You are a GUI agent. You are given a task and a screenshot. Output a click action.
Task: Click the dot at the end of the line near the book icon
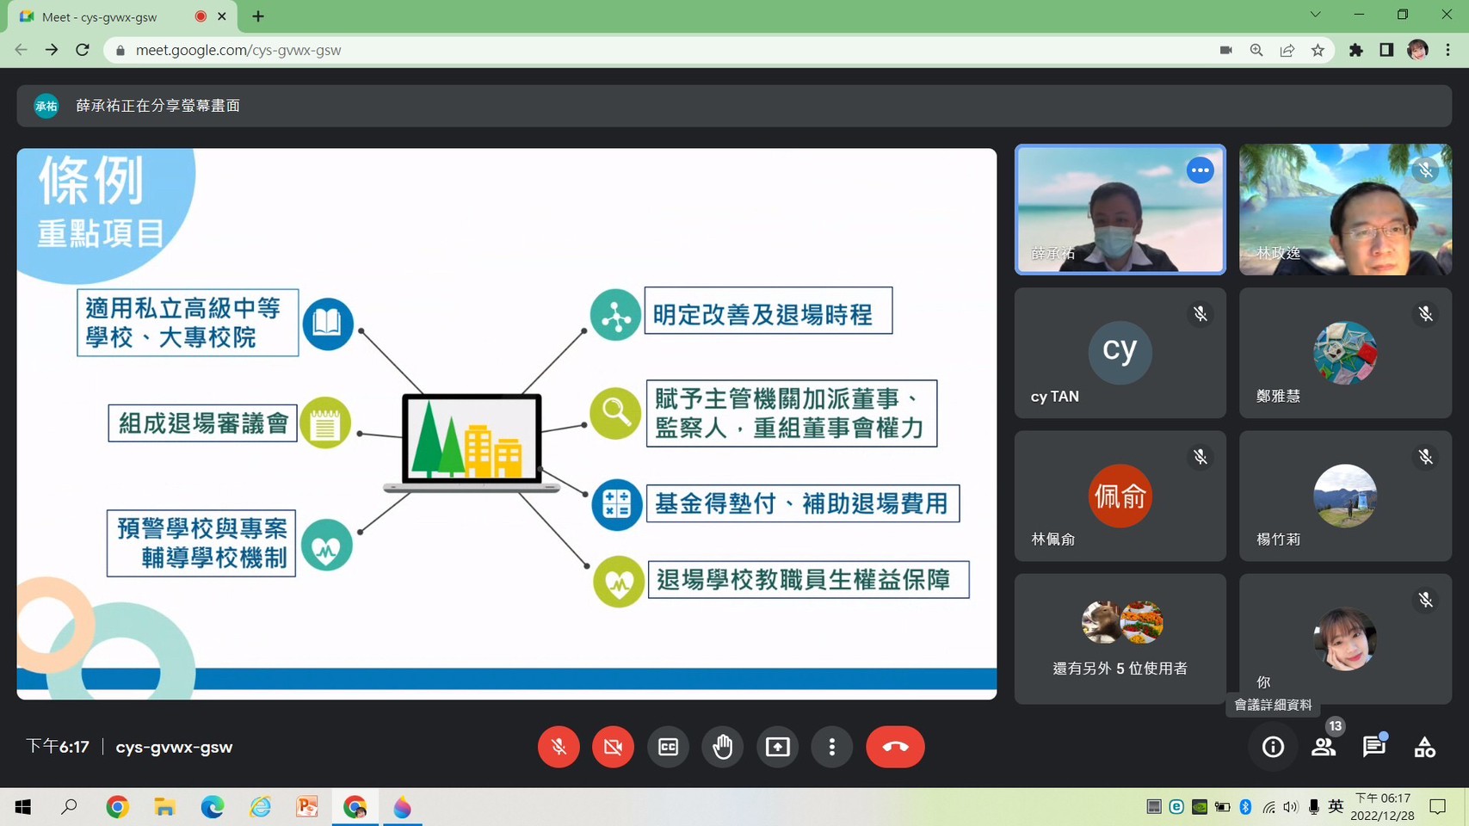tap(361, 331)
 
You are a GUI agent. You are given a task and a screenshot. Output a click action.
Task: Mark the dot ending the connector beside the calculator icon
tap(586, 494)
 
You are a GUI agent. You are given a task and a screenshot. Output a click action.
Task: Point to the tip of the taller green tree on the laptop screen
tap(429, 401)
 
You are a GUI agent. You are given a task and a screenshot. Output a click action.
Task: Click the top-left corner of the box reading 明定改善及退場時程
tap(645, 287)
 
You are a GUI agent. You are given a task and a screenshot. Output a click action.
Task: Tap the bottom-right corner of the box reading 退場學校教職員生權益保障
tap(969, 598)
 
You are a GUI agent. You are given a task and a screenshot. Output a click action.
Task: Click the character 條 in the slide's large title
tap(63, 181)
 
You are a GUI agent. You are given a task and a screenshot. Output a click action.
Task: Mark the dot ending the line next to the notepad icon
tap(360, 434)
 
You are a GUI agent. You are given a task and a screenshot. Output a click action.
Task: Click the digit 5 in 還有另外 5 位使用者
tap(1120, 669)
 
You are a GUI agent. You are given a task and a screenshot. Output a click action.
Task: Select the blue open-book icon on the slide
tap(328, 324)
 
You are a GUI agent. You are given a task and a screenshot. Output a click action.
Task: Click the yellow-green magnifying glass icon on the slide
tap(615, 413)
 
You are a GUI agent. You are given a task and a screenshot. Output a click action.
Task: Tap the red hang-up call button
tap(895, 747)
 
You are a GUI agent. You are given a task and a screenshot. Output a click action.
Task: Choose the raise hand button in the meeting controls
tap(723, 747)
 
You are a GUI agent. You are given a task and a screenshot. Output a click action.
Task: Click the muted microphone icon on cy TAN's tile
tap(1201, 314)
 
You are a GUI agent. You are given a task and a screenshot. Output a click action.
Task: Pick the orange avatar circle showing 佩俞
tap(1120, 496)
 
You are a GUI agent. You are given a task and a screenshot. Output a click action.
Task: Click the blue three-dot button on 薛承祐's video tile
tap(1201, 170)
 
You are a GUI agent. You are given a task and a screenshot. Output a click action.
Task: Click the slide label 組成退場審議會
tap(203, 422)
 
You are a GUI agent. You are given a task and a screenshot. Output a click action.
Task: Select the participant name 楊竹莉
tap(1278, 539)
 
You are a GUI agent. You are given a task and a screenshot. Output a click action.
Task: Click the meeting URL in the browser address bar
tap(238, 51)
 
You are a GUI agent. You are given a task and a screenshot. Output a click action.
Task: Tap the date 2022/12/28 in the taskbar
tap(1382, 816)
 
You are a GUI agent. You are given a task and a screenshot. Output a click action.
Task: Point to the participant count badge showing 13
tap(1336, 726)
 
